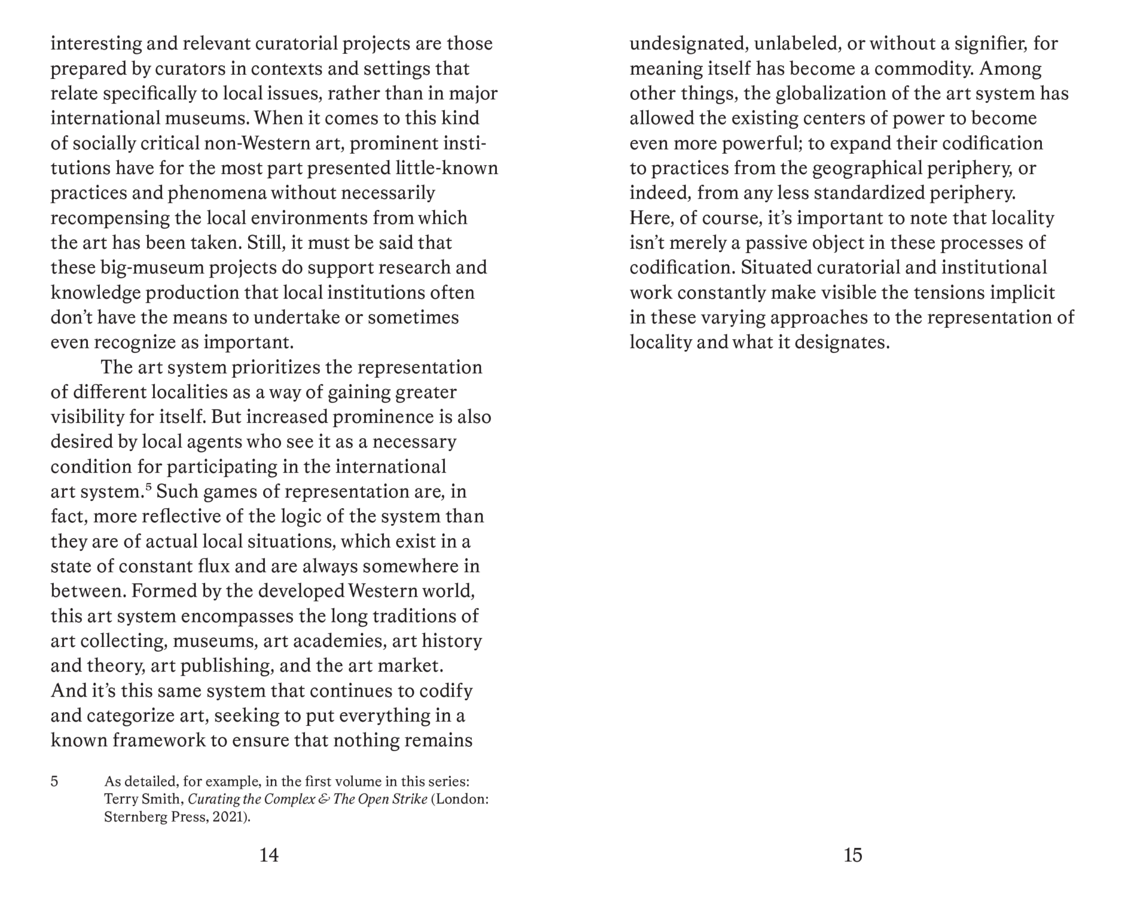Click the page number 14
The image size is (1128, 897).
269,855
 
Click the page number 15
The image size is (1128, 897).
853,855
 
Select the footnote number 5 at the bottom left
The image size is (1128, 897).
54,781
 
